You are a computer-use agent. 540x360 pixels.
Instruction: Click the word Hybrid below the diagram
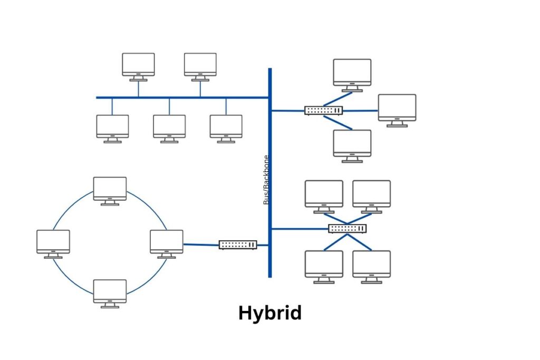tap(270, 313)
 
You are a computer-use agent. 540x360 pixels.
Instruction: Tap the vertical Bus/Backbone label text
tap(266, 180)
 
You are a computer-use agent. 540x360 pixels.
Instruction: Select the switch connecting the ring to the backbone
tap(238, 245)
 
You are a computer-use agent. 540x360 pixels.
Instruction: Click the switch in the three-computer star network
tap(323, 110)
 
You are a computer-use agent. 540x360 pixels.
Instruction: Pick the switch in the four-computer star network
tap(348, 228)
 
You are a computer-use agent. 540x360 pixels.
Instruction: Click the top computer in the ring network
tap(110, 189)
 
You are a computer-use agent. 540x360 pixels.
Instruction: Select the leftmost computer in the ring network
tap(53, 242)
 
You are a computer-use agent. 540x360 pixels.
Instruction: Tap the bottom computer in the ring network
tap(110, 292)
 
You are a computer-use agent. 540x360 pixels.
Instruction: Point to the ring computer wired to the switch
tap(166, 242)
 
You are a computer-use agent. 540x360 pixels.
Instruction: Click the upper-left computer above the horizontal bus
tap(138, 65)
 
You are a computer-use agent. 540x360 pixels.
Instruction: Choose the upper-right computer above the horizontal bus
tap(200, 65)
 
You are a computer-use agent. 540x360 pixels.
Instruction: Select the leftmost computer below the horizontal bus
tap(112, 128)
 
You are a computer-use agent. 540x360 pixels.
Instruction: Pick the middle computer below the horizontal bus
tap(169, 128)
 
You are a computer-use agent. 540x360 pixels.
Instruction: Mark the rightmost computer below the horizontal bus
tap(226, 128)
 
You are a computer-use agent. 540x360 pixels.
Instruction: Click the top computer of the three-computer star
tap(352, 73)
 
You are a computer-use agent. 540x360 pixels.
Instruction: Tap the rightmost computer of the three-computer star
tap(397, 109)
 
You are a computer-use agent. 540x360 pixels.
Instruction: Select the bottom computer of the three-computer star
tap(352, 144)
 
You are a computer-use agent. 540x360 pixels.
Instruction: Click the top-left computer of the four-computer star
tap(324, 194)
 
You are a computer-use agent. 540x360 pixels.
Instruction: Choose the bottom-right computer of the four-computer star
tap(372, 265)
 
